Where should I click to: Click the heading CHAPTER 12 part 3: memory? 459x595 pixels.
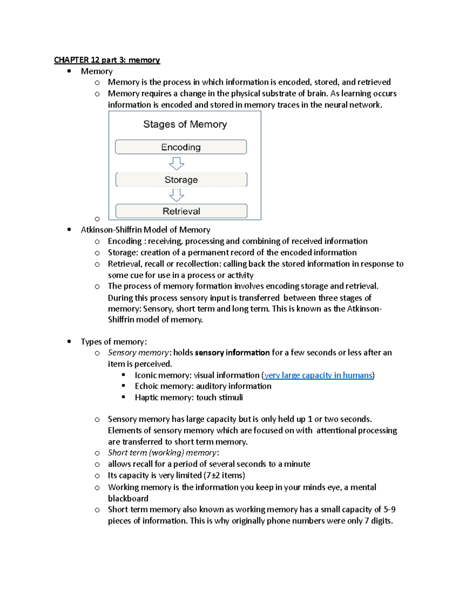point(107,60)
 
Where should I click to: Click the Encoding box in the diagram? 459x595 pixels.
point(181,147)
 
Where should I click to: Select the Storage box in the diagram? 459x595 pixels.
point(181,180)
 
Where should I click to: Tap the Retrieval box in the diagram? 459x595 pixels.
point(181,211)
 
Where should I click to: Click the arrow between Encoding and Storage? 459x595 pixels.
point(176,164)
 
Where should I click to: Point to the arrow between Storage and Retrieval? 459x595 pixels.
point(176,195)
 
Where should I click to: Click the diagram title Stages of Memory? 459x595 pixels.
point(185,124)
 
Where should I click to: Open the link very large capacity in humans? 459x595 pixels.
point(318,375)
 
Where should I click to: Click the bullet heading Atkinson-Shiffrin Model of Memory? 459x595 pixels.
point(145,230)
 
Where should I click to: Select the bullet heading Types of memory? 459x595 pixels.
point(114,342)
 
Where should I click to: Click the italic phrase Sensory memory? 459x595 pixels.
point(138,353)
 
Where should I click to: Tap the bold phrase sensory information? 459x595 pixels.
point(232,353)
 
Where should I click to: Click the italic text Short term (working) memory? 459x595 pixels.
point(162,453)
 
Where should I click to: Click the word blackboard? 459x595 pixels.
point(128,498)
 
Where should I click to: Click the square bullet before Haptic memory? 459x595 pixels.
point(124,397)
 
